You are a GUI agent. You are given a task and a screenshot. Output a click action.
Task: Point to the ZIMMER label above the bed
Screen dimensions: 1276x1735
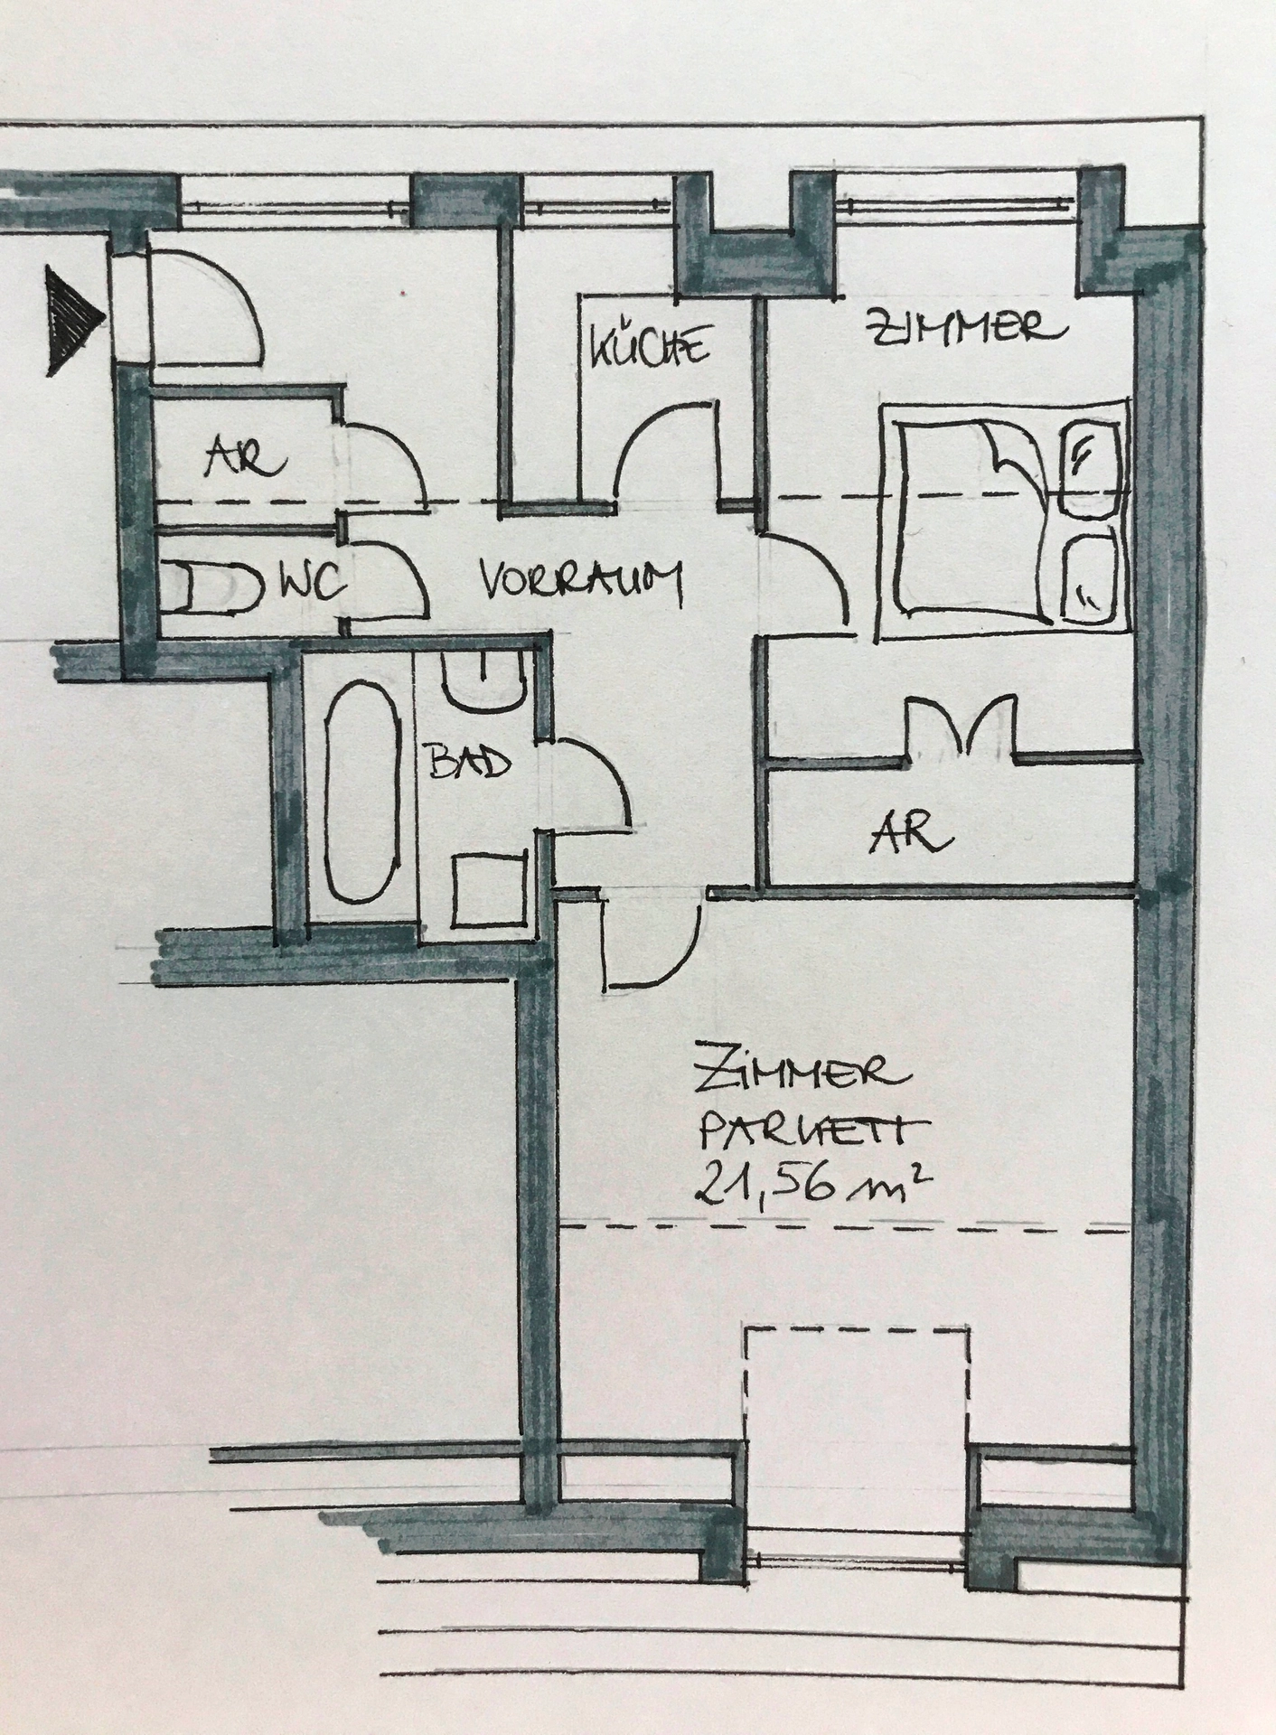(962, 326)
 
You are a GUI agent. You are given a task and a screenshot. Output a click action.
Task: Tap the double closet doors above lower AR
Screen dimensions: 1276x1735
(962, 723)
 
